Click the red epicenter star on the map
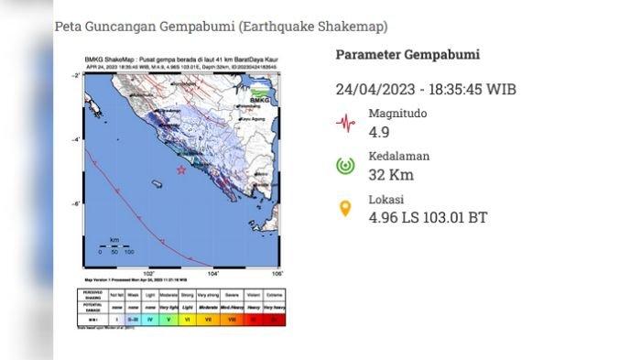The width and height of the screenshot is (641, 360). click(x=181, y=170)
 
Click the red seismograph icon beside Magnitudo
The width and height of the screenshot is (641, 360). click(x=345, y=123)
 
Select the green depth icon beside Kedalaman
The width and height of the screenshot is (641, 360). click(x=345, y=166)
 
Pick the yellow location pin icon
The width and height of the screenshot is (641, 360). click(x=345, y=209)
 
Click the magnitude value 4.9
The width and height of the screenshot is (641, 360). click(x=380, y=130)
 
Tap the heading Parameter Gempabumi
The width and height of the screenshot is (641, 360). click(x=407, y=55)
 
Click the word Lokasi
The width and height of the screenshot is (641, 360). click(x=386, y=200)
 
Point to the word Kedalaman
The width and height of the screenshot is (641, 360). click(x=399, y=156)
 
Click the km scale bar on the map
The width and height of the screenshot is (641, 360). click(x=114, y=244)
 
